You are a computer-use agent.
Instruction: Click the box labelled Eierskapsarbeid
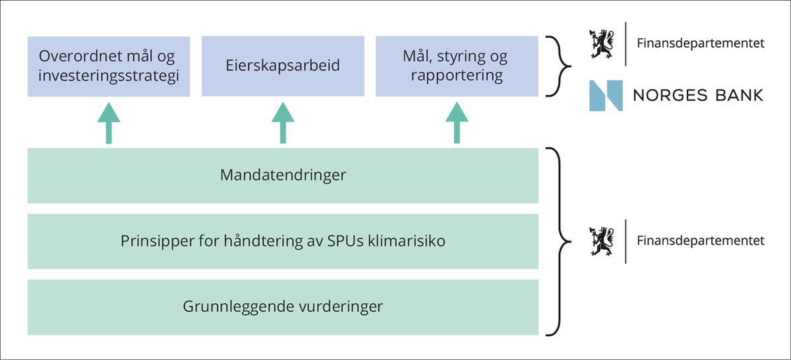283,66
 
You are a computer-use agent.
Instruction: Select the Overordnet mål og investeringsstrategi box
109,66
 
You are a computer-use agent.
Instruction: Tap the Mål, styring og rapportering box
456,66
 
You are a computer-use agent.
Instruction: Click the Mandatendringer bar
283,175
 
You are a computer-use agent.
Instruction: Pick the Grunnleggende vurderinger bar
283,307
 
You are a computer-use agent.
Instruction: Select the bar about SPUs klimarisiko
283,241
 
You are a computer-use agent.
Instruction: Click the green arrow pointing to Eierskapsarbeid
283,123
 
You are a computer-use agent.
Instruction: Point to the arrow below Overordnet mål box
109,123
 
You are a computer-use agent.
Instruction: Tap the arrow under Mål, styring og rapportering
456,123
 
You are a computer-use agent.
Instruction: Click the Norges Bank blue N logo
606,96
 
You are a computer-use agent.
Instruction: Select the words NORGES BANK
697,96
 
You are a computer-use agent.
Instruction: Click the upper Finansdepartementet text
700,44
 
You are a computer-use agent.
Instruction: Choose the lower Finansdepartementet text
700,241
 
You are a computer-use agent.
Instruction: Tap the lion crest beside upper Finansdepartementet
601,44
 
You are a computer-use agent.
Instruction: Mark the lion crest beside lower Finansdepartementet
601,241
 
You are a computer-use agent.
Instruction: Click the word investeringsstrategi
109,76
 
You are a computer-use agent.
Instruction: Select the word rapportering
456,76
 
